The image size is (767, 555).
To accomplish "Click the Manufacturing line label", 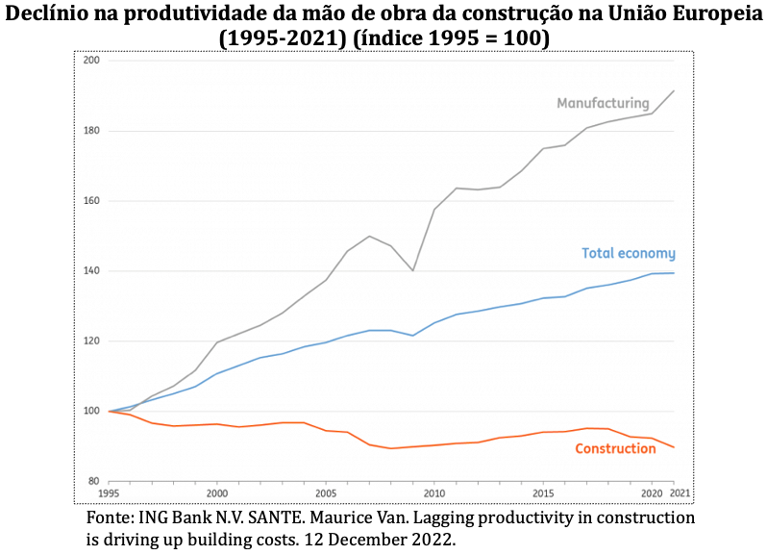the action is pyautogui.click(x=603, y=103).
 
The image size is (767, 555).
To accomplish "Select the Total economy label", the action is pyautogui.click(x=629, y=253).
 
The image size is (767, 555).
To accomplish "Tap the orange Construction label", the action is pyautogui.click(x=615, y=448).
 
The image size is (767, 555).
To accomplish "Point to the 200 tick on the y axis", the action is pyautogui.click(x=92, y=61).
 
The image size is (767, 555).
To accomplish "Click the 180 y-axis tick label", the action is pyautogui.click(x=92, y=131).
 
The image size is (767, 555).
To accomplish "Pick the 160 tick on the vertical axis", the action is pyautogui.click(x=92, y=201).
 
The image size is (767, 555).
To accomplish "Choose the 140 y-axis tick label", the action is pyautogui.click(x=92, y=270).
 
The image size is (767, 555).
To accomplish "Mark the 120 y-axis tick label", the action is pyautogui.click(x=92, y=341).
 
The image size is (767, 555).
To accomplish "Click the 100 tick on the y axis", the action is pyautogui.click(x=92, y=411).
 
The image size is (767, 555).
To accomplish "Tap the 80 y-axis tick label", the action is pyautogui.click(x=94, y=481).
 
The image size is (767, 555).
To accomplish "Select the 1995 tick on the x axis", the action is pyautogui.click(x=109, y=493).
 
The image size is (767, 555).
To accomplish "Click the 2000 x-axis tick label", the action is pyautogui.click(x=216, y=493).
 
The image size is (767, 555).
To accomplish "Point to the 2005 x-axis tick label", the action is pyautogui.click(x=326, y=493).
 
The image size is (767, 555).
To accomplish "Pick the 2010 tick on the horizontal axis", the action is pyautogui.click(x=434, y=493).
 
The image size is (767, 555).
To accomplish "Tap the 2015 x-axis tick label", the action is pyautogui.click(x=543, y=493).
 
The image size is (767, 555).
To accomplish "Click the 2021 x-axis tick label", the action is pyautogui.click(x=680, y=493).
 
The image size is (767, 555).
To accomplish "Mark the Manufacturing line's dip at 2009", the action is pyautogui.click(x=413, y=270).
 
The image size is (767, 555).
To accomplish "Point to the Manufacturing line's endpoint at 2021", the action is pyautogui.click(x=674, y=90).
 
